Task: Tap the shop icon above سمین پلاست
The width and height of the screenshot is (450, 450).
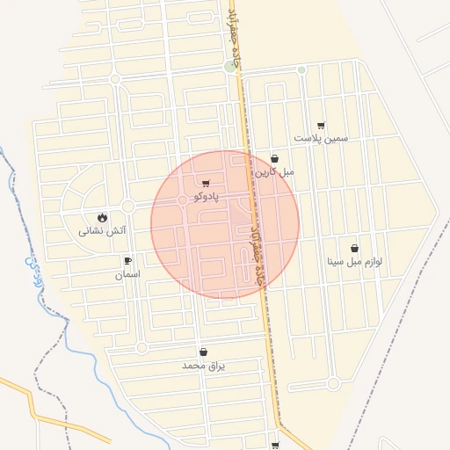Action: pyautogui.click(x=321, y=126)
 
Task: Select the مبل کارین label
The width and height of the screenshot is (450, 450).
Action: pyautogui.click(x=275, y=172)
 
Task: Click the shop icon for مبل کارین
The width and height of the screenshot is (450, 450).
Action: pyautogui.click(x=275, y=159)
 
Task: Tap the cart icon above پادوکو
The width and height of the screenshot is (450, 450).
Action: pyautogui.click(x=206, y=184)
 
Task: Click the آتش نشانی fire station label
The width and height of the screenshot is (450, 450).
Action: pyautogui.click(x=103, y=231)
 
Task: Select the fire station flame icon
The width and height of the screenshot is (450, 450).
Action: pyautogui.click(x=103, y=217)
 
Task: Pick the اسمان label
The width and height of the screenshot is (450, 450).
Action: pyautogui.click(x=127, y=275)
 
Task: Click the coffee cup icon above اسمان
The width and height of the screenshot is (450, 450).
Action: pyautogui.click(x=127, y=261)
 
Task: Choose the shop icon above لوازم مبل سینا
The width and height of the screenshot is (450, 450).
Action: pyautogui.click(x=354, y=248)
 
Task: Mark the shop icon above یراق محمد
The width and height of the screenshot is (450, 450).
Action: pyautogui.click(x=204, y=352)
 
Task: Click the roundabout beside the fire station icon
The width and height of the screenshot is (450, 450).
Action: pyautogui.click(x=127, y=207)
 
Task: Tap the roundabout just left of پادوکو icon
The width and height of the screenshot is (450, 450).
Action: pyautogui.click(x=183, y=200)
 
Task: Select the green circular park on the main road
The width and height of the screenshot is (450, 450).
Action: pyautogui.click(x=230, y=66)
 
